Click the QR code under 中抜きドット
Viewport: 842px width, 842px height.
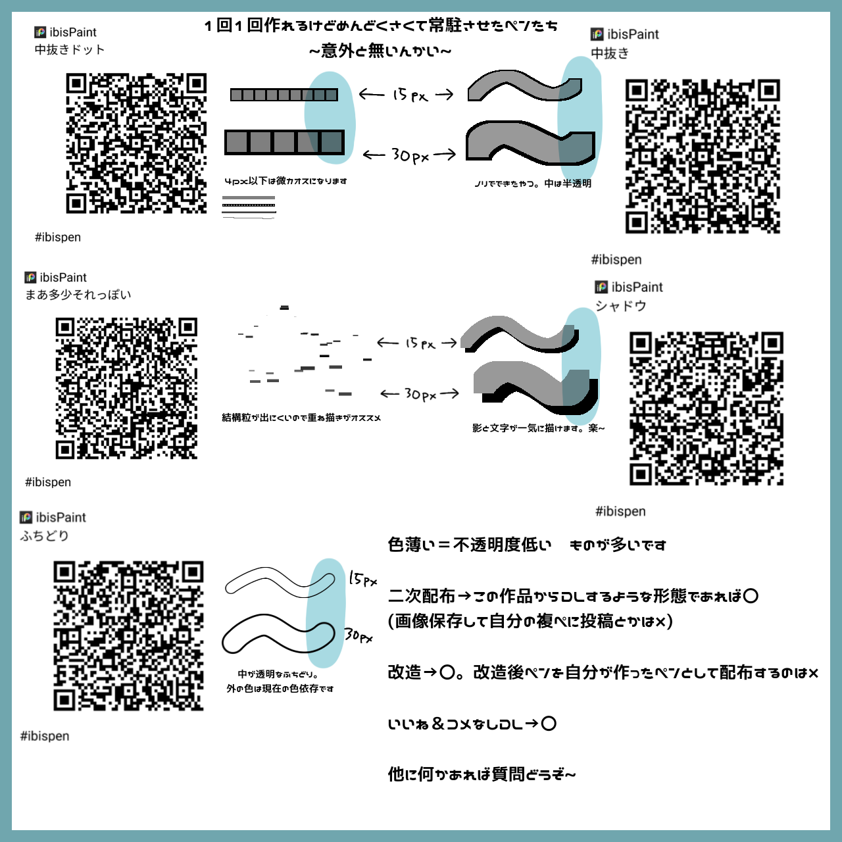tap(136, 143)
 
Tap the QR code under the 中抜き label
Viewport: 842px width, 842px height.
tap(703, 157)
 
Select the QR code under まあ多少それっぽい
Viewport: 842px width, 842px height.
tap(126, 388)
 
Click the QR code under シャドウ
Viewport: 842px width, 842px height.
tap(706, 409)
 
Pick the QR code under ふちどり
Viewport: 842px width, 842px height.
tap(128, 635)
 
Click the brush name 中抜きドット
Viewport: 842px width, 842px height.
tap(70, 50)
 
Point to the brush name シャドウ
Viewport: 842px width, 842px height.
tap(621, 306)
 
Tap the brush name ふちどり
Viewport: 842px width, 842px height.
tap(45, 535)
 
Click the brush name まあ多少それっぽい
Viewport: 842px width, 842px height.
tap(78, 295)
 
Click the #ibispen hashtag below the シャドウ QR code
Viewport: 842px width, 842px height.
tap(620, 511)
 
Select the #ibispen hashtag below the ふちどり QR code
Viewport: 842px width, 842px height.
tap(45, 736)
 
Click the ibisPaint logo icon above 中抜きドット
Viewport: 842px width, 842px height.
tap(41, 32)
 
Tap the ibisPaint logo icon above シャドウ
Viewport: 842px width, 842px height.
tap(601, 287)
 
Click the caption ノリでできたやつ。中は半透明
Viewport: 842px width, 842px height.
tap(533, 184)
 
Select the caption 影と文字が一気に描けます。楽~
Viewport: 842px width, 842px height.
tap(538, 428)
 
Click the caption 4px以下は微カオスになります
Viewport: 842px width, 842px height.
tap(285, 181)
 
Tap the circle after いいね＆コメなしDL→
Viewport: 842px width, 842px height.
tap(549, 724)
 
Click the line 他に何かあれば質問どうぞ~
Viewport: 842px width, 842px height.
tap(482, 774)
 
